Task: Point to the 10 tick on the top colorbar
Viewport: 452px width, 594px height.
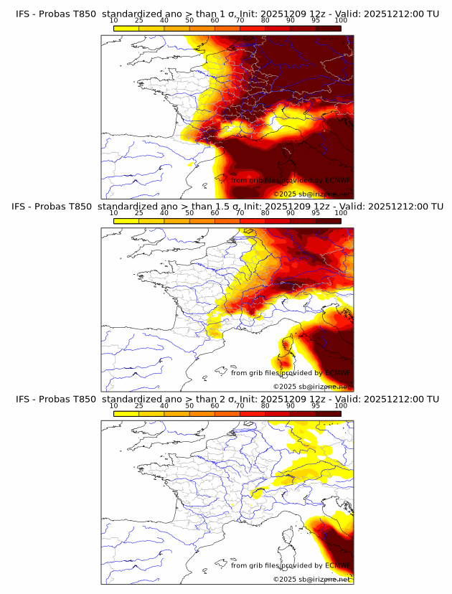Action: pyautogui.click(x=113, y=21)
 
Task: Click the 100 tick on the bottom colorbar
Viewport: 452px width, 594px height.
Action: pyautogui.click(x=341, y=405)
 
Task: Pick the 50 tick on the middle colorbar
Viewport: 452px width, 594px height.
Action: pyautogui.click(x=189, y=213)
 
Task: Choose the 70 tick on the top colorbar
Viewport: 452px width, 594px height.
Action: pyautogui.click(x=240, y=21)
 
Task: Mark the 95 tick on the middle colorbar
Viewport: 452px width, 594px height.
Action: pyautogui.click(x=316, y=213)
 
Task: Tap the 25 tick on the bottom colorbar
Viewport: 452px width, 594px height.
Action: pyautogui.click(x=138, y=405)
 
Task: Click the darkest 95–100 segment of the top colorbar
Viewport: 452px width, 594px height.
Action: pyautogui.click(x=328, y=28)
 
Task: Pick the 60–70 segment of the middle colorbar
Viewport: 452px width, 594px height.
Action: pyautogui.click(x=227, y=220)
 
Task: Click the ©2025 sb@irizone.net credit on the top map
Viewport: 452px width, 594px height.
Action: pyautogui.click(x=311, y=194)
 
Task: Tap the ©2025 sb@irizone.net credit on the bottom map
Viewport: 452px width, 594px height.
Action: pyautogui.click(x=311, y=578)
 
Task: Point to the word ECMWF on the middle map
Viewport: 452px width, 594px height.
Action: pyautogui.click(x=337, y=372)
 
